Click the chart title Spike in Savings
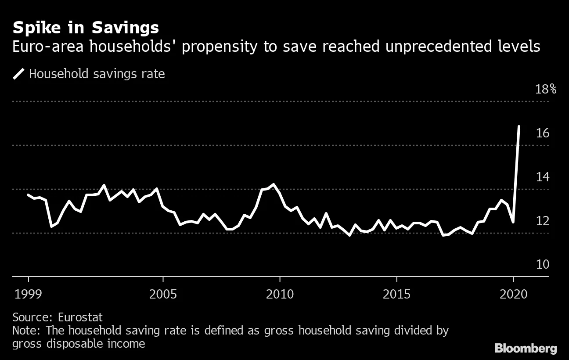(86, 28)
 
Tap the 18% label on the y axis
(546, 89)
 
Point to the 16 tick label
(543, 133)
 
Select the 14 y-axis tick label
(543, 177)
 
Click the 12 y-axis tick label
(543, 221)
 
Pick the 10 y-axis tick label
(543, 265)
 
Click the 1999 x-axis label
(29, 294)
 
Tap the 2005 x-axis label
(163, 294)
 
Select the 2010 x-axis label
(280, 294)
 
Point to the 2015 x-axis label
(396, 294)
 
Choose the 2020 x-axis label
(513, 294)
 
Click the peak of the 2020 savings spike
(519, 126)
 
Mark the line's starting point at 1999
(29, 195)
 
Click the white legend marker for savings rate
(19, 74)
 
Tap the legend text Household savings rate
(97, 74)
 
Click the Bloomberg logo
(526, 349)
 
